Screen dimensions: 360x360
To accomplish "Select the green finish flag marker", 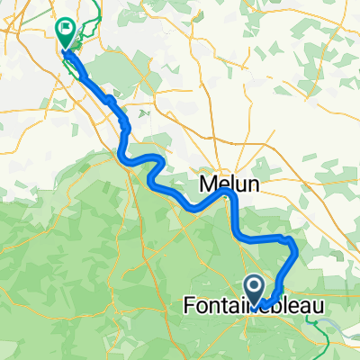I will [x=66, y=33].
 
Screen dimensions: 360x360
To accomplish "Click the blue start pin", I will [x=255, y=290].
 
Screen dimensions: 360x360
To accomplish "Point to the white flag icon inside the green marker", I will [x=66, y=30].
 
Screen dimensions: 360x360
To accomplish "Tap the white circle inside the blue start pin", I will [x=255, y=286].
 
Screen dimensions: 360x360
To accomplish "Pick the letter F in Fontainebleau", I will [x=188, y=307].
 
